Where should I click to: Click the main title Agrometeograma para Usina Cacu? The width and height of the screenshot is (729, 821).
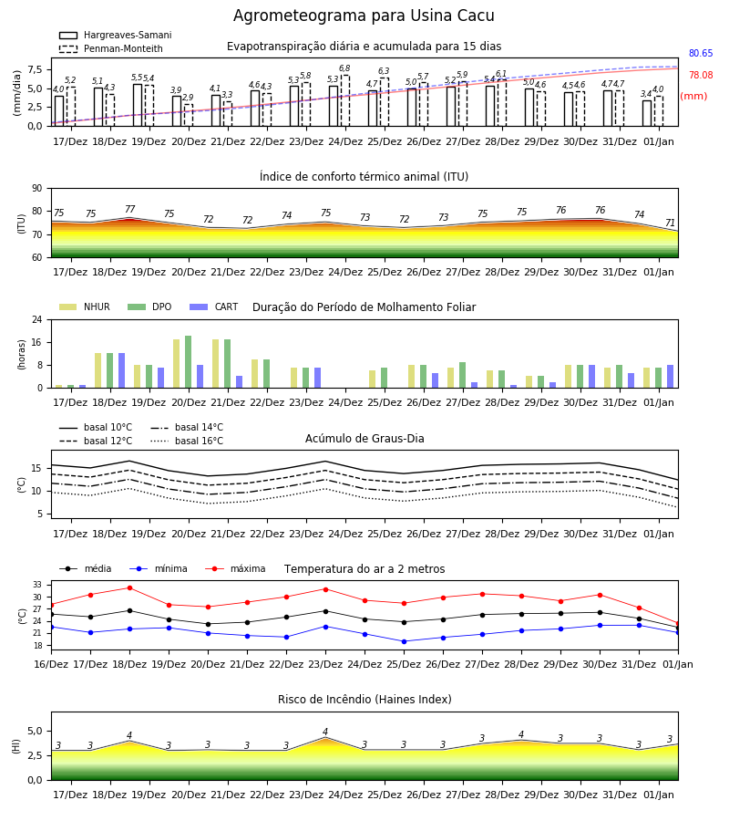364,16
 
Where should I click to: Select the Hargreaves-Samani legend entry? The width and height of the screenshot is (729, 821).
116,35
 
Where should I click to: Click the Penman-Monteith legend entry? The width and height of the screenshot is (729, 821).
111,48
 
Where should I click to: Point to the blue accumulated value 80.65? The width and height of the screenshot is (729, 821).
701,53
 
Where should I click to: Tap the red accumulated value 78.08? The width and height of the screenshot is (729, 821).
701,75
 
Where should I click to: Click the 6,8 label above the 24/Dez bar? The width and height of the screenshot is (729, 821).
344,68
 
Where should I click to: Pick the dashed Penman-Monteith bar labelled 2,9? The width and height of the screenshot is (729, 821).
189,115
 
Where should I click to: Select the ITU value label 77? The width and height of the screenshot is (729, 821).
129,209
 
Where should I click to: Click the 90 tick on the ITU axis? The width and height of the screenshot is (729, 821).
37,189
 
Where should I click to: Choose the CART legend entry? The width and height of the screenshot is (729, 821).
214,307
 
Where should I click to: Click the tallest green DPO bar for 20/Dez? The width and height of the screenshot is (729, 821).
189,362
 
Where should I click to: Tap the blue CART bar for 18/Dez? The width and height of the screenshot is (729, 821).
122,370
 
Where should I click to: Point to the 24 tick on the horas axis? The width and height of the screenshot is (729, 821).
37,319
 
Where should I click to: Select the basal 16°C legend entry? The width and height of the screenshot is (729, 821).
187,441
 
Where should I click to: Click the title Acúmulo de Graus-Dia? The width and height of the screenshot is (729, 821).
364,438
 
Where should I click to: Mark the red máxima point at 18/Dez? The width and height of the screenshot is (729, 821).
129,588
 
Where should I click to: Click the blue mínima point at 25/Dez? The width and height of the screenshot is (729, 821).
405,641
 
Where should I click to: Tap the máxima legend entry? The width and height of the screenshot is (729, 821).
236,568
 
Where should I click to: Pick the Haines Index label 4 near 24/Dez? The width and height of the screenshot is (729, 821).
325,732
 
